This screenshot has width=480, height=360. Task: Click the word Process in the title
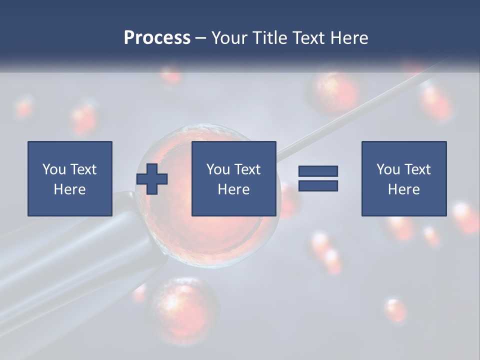tap(157, 38)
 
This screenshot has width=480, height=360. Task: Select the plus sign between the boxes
tap(152, 179)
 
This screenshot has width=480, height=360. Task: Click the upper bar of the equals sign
tap(318, 171)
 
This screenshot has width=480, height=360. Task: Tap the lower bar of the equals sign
tap(318, 186)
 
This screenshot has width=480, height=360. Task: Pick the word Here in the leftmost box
tap(69, 189)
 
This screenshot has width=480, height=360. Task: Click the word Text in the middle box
tap(247, 169)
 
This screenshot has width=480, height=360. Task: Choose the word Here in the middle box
tap(233, 189)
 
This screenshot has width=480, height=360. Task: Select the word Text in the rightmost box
tap(417, 169)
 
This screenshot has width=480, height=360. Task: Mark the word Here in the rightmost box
tap(403, 189)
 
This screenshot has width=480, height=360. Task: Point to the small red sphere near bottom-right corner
tap(395, 310)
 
